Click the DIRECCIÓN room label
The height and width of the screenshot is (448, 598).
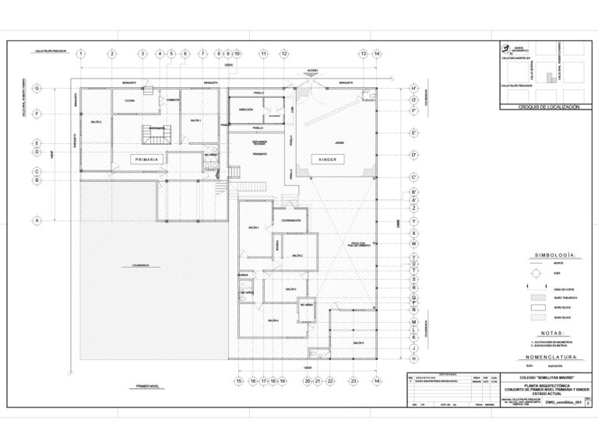pos(246,110)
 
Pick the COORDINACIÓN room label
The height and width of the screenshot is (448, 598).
pos(291,220)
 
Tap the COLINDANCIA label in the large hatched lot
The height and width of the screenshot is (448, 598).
pos(140,266)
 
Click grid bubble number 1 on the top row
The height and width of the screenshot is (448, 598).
pos(81,54)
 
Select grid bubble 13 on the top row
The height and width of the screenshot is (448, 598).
pos(363,54)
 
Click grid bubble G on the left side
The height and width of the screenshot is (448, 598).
pos(37,89)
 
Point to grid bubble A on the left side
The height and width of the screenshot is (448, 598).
pos(37,220)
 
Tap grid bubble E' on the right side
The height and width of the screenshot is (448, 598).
pos(414,133)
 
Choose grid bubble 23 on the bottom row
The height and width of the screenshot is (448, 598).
pos(353,381)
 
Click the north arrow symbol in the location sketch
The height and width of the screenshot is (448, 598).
pos(505,45)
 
